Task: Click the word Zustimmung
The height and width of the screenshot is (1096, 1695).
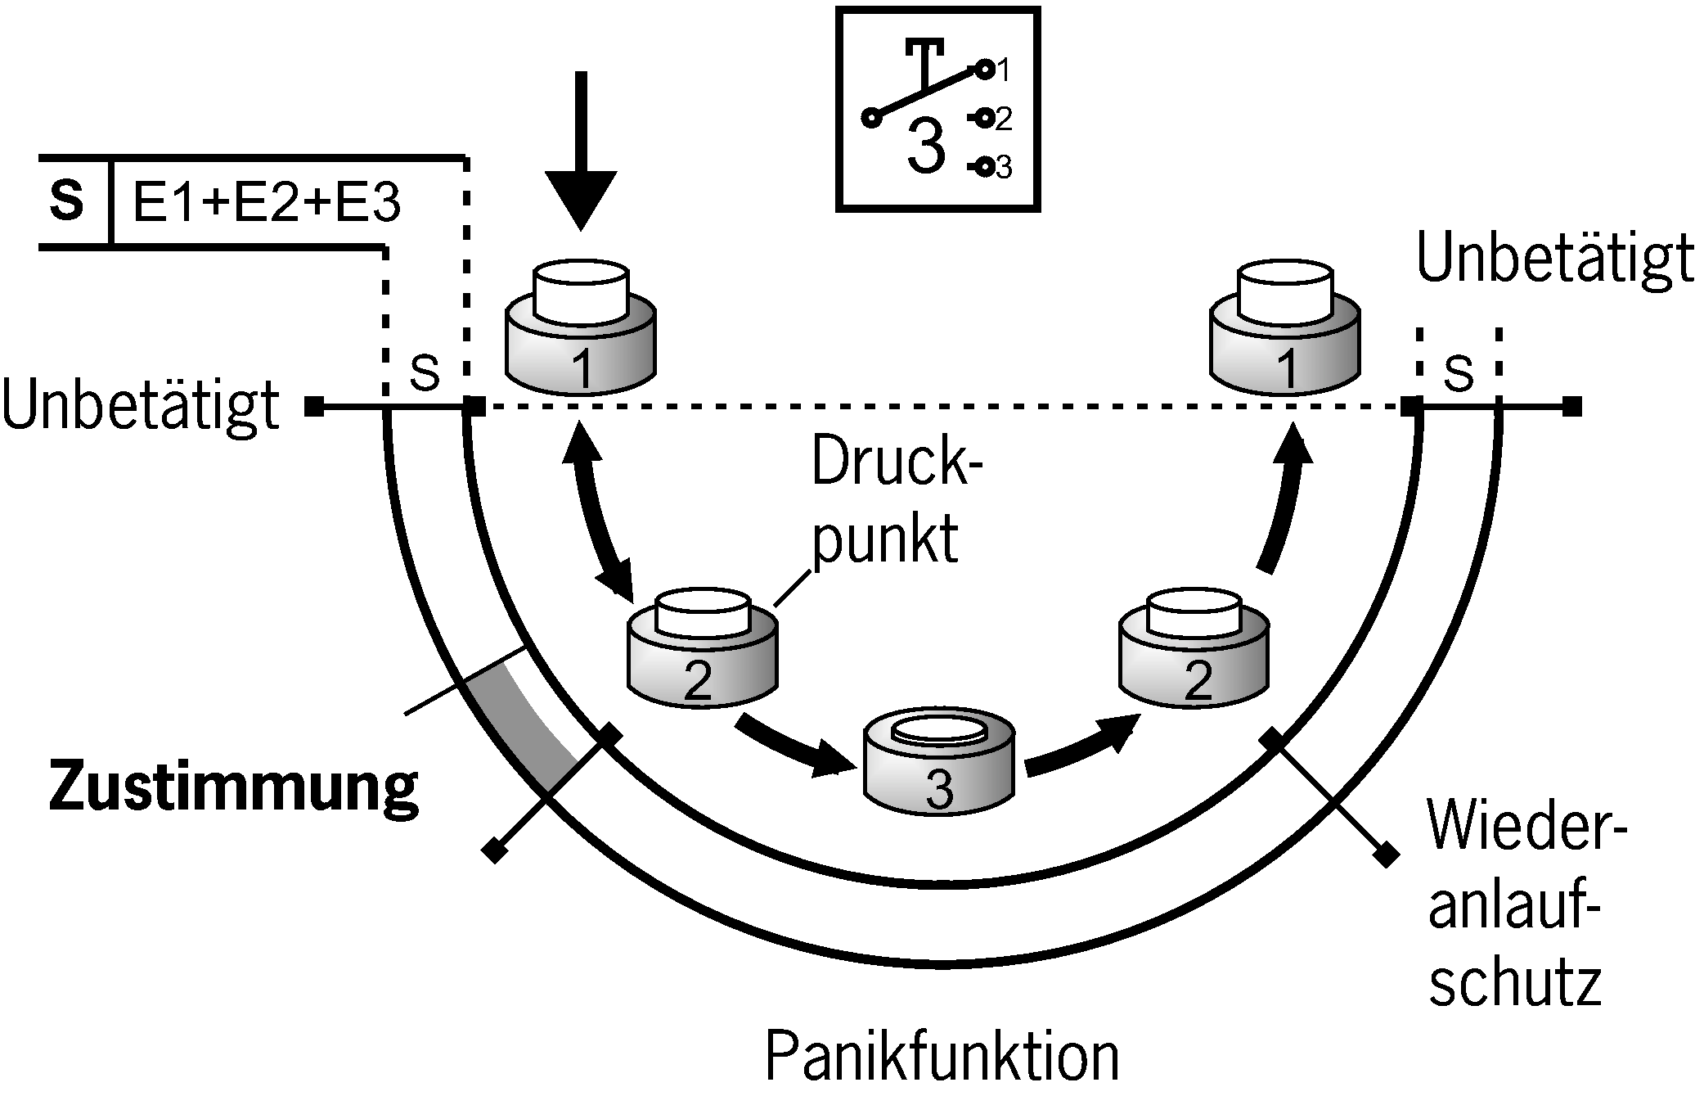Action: [233, 787]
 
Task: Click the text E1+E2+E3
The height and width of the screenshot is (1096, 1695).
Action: [267, 202]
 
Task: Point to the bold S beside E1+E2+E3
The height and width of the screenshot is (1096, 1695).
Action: [67, 201]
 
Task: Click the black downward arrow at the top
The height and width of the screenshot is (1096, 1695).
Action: [581, 156]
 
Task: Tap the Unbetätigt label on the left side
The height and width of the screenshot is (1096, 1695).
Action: [141, 407]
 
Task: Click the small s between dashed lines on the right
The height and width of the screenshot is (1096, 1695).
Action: [1459, 372]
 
